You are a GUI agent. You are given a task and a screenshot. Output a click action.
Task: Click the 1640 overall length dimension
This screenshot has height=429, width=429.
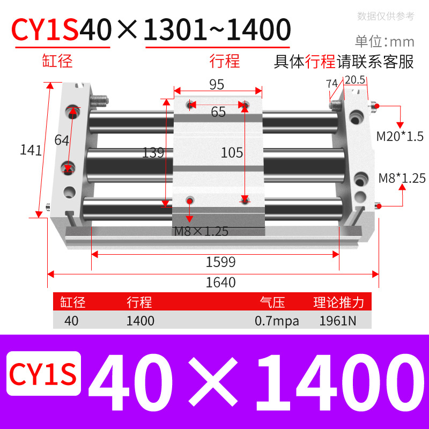click(x=221, y=282)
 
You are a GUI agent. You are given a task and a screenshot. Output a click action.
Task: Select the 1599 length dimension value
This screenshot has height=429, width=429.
click(x=221, y=262)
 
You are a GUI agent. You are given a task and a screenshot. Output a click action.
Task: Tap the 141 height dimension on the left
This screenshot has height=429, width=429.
click(x=31, y=150)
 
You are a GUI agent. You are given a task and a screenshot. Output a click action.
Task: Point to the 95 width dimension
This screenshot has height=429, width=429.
click(x=217, y=85)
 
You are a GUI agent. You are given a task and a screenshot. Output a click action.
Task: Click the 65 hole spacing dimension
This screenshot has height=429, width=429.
click(x=218, y=112)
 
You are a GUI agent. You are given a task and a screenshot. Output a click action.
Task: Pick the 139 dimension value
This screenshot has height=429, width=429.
click(x=153, y=153)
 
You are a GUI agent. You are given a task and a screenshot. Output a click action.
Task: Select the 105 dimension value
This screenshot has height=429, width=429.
click(x=232, y=153)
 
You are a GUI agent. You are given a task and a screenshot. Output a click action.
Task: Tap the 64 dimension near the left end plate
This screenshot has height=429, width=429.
click(x=62, y=140)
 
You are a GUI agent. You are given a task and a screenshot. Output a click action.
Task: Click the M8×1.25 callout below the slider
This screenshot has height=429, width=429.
click(x=201, y=232)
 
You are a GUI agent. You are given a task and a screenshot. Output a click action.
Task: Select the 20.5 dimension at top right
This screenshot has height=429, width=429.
click(x=355, y=80)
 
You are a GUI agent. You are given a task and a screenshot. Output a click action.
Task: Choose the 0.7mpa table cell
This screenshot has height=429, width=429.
click(x=277, y=321)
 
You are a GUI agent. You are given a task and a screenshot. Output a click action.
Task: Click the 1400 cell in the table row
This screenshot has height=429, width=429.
click(x=140, y=321)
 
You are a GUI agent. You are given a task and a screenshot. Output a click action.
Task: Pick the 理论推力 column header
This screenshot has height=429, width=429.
click(x=338, y=302)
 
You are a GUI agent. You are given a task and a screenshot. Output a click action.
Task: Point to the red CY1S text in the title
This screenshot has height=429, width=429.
click(x=46, y=29)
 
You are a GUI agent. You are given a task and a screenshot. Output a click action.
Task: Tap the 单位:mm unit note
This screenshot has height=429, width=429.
click(x=384, y=41)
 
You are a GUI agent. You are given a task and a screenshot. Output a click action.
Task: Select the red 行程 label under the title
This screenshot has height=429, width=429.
click(x=224, y=61)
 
